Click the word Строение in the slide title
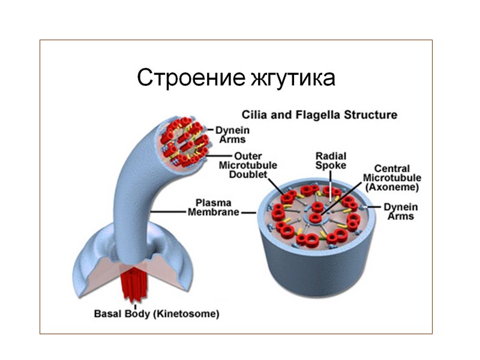click(x=188, y=77)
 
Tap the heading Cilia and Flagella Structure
click(x=319, y=114)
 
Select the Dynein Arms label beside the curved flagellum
click(x=233, y=134)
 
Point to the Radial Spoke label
click(x=331, y=161)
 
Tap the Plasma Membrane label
click(x=214, y=208)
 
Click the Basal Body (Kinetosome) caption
click(x=156, y=313)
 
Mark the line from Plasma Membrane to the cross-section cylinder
click(x=249, y=212)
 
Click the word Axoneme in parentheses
click(x=392, y=187)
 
